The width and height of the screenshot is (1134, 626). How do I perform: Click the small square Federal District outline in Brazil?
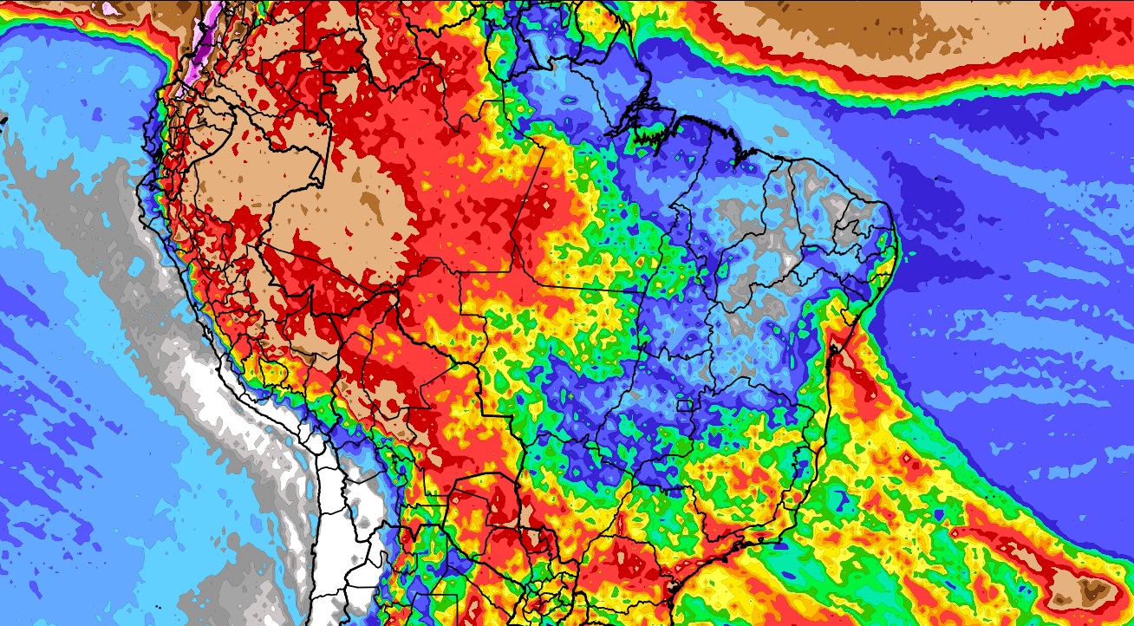pyautogui.click(x=685, y=405)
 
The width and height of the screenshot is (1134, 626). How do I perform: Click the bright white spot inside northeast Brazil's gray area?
pyautogui.click(x=787, y=258)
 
